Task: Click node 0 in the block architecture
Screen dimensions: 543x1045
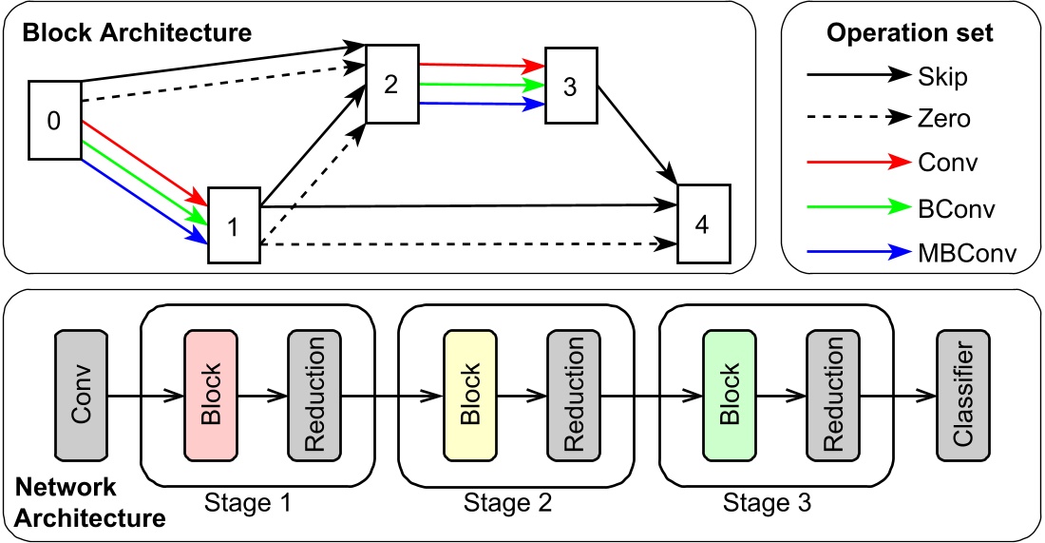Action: [x=54, y=120]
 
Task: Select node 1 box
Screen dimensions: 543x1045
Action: [x=233, y=226]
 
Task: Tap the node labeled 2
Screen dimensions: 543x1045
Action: [x=391, y=83]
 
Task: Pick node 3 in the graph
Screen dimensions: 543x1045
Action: [x=570, y=86]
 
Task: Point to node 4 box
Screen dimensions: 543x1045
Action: [x=704, y=224]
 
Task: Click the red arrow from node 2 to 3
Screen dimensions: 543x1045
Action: [x=481, y=67]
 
